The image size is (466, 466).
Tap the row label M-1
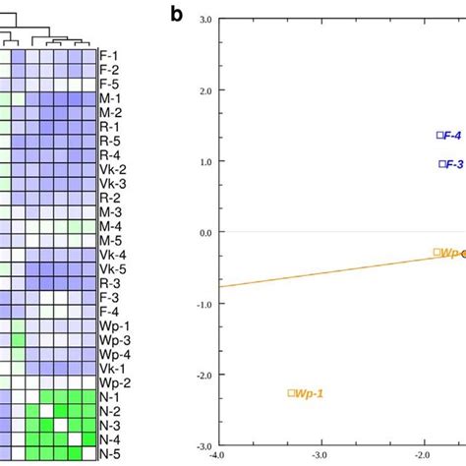(x=109, y=98)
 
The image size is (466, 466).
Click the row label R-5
(x=109, y=141)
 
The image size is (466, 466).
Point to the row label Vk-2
(x=112, y=169)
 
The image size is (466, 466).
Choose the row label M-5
(x=109, y=240)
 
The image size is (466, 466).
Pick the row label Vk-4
(x=112, y=254)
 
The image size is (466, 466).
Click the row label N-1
(x=109, y=396)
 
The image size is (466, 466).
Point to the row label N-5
(x=109, y=453)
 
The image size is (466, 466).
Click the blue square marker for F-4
(x=440, y=136)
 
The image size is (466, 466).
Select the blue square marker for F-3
(x=442, y=164)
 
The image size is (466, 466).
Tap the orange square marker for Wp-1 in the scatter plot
(x=291, y=392)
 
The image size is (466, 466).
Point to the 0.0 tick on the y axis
(x=204, y=233)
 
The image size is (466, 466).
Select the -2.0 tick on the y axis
(x=204, y=375)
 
